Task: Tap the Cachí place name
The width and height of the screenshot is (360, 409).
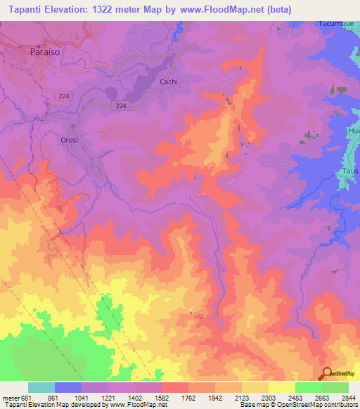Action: point(169,82)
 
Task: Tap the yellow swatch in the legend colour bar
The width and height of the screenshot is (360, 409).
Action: point(282,387)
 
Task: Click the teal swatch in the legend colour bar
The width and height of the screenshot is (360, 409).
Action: point(41,387)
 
